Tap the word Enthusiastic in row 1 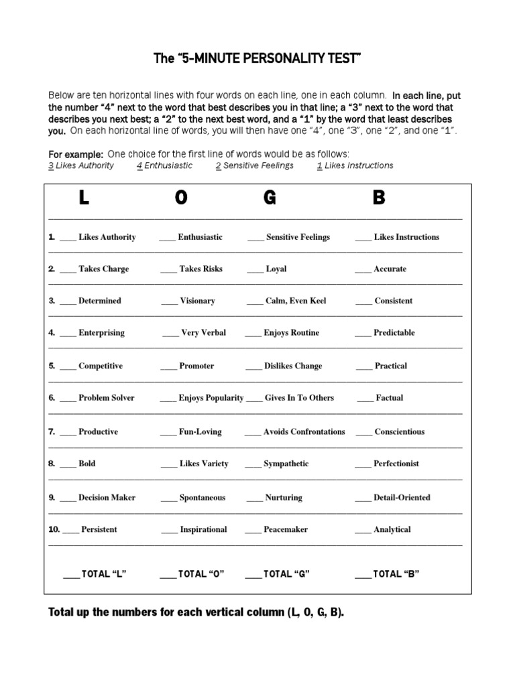200,237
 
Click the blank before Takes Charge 68,270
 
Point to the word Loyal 276,269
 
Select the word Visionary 197,301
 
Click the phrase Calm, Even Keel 296,301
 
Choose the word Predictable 394,333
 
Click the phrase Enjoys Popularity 211,398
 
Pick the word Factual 390,398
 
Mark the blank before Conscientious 363,433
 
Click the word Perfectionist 396,464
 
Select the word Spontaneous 203,498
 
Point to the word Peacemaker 286,530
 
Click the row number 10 54,529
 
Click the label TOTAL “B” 396,574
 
